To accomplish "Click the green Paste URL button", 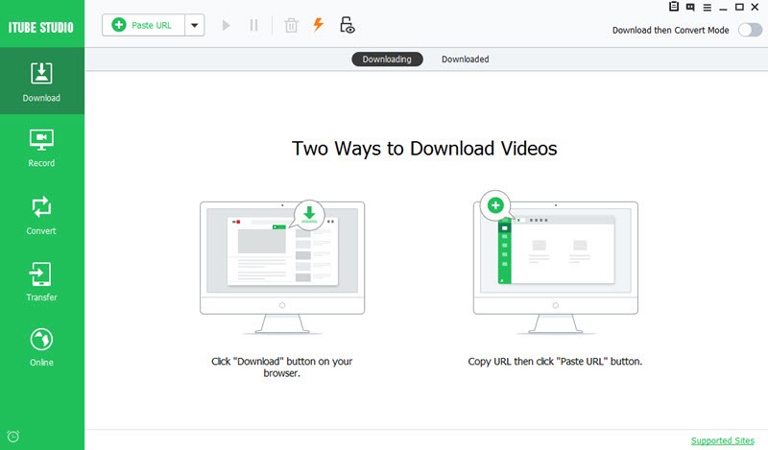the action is point(143,25).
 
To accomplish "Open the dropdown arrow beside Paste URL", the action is point(195,25).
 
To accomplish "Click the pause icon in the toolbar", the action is point(253,25).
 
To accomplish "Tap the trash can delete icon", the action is point(291,25).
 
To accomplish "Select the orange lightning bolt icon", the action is point(319,24).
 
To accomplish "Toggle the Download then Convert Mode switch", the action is point(750,30).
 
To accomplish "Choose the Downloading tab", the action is point(387,59).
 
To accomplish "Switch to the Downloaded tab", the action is point(466,59).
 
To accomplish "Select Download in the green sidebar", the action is point(41,82).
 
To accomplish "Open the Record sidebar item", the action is point(41,148).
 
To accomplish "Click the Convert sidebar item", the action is point(41,216).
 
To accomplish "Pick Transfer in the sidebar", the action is point(41,281).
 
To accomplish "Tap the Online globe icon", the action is point(41,340).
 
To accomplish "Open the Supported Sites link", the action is point(723,440).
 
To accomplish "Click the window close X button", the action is point(755,7).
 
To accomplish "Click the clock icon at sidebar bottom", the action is point(13,437).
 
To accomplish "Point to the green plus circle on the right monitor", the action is point(495,205).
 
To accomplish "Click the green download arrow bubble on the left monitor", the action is point(309,214).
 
